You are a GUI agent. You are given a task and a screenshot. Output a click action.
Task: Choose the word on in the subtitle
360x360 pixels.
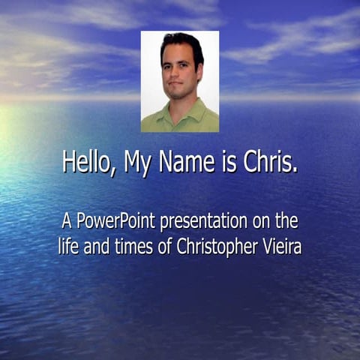(261, 223)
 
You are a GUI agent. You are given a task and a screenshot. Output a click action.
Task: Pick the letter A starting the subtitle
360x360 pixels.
(67, 222)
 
